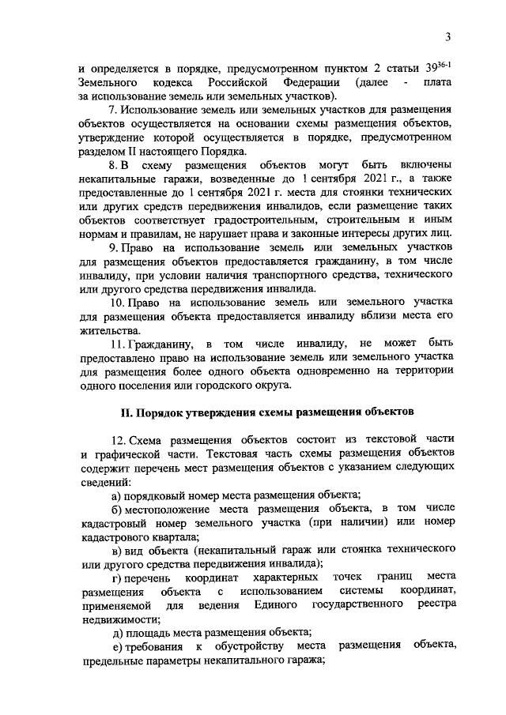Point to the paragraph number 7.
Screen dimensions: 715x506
[113, 110]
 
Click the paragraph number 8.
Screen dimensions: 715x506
[113, 165]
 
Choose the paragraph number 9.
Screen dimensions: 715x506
[113, 248]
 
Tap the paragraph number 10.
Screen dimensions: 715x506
[116, 303]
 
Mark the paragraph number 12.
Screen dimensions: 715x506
[116, 440]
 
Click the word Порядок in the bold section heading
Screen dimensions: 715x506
[166, 412]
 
